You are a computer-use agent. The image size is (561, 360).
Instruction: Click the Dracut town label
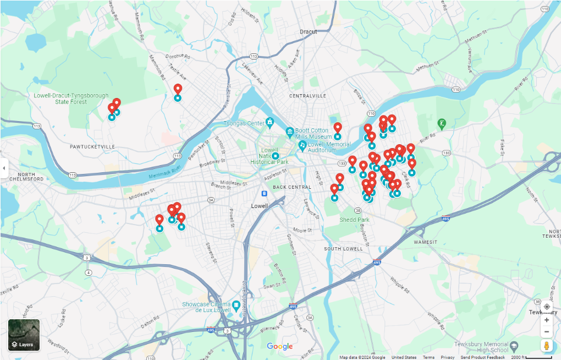point(308,31)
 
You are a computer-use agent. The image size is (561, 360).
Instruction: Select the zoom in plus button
point(546,320)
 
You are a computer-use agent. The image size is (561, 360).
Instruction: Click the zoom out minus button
point(546,331)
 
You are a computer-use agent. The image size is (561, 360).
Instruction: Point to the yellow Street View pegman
point(546,346)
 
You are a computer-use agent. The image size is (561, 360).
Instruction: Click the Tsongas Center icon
point(269,122)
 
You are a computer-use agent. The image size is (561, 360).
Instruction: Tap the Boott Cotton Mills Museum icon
point(290,132)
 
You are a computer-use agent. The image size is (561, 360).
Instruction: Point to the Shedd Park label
point(355,220)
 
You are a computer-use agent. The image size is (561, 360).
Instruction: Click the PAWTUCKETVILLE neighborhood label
point(92,147)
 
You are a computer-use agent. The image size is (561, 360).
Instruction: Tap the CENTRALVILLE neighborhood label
point(307,96)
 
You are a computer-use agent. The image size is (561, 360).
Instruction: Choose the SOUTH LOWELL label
point(343,249)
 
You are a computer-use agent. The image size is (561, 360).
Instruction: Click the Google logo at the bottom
point(279,346)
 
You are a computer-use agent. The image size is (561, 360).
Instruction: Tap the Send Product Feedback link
point(482,357)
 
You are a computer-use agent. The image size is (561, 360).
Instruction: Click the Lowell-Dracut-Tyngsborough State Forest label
point(71,99)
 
